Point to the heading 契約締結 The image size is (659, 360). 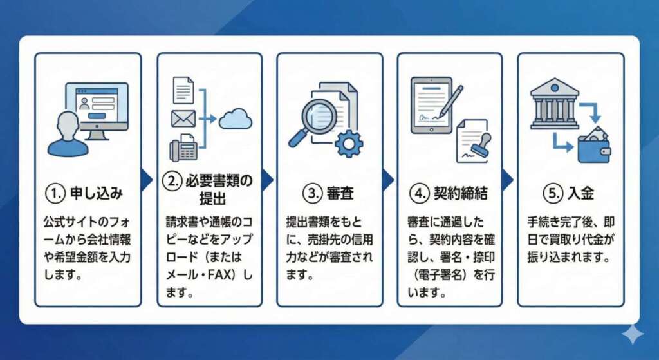(x=459, y=193)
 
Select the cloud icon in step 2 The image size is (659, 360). (x=235, y=118)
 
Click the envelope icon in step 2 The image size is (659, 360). (x=183, y=118)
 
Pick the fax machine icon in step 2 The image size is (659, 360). (x=183, y=149)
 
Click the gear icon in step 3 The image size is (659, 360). (x=349, y=143)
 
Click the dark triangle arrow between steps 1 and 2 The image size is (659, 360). (x=147, y=180)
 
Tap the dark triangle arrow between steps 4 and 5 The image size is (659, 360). (x=508, y=180)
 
